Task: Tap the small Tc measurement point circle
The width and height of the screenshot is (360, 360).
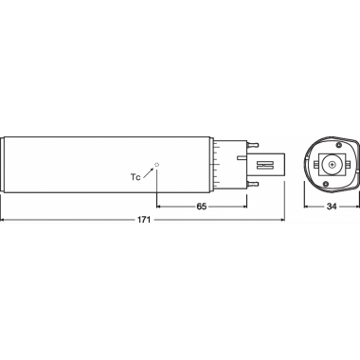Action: click(157, 165)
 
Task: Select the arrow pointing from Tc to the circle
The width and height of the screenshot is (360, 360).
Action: click(150, 171)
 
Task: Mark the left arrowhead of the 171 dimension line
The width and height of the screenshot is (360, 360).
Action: click(5, 220)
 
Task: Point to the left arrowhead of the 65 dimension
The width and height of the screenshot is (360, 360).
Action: click(160, 205)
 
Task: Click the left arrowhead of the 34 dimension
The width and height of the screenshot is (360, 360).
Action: click(306, 205)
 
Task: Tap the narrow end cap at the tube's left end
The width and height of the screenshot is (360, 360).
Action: click(5, 164)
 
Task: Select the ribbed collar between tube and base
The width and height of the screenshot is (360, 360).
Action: click(220, 164)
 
